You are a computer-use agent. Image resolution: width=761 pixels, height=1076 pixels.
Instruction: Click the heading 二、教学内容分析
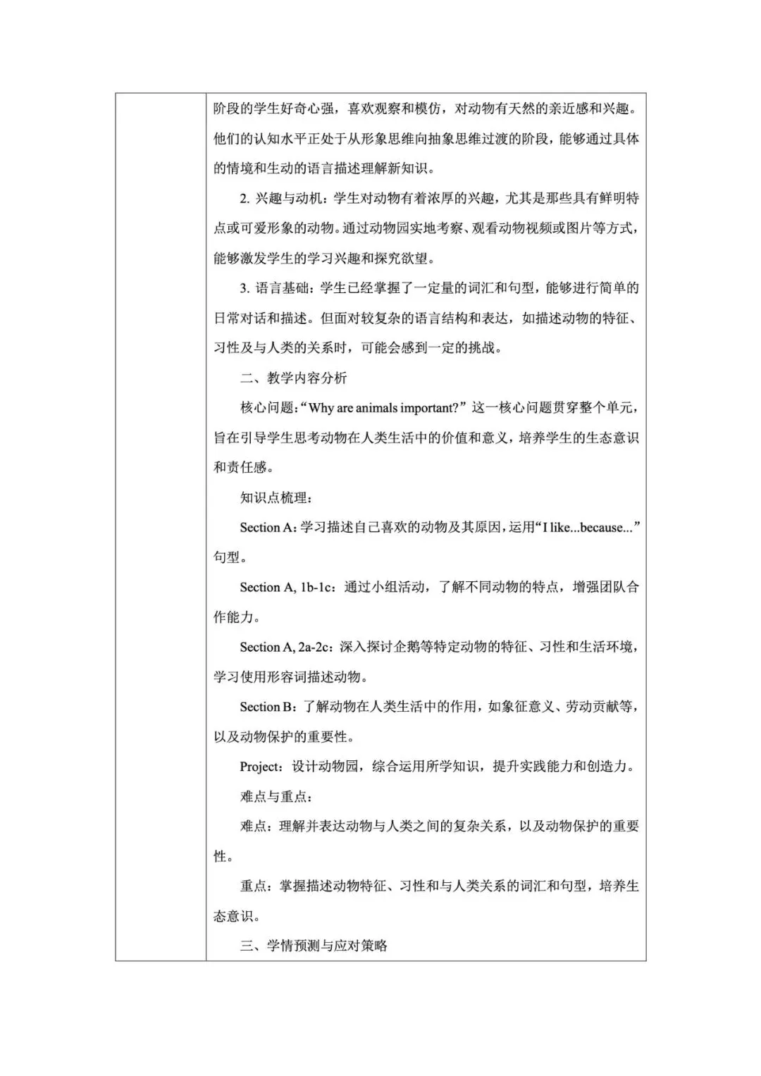293,378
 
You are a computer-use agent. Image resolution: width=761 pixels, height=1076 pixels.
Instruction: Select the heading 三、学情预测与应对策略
314,946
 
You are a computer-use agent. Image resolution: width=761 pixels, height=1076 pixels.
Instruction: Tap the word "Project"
261,767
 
